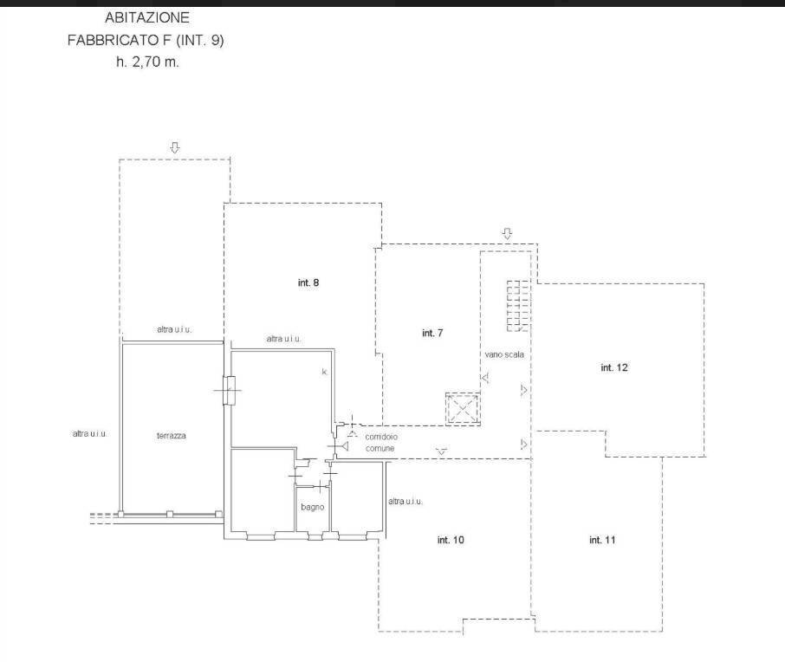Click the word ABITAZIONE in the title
click(x=147, y=17)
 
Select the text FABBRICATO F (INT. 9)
click(x=146, y=40)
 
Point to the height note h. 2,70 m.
click(x=147, y=62)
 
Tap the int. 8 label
click(x=308, y=283)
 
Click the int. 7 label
click(x=432, y=333)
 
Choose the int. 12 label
click(x=614, y=367)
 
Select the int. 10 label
click(x=451, y=540)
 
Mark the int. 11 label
click(x=602, y=540)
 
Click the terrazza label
click(x=172, y=436)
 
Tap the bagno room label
click(x=313, y=507)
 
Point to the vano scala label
click(x=504, y=354)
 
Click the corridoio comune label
click(x=381, y=443)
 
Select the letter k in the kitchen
click(x=324, y=372)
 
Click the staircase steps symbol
click(x=517, y=306)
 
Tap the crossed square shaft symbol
click(x=463, y=408)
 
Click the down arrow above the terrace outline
click(x=175, y=147)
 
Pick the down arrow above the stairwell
click(x=507, y=233)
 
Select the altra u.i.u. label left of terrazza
click(x=89, y=434)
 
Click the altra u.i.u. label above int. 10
click(x=405, y=501)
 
